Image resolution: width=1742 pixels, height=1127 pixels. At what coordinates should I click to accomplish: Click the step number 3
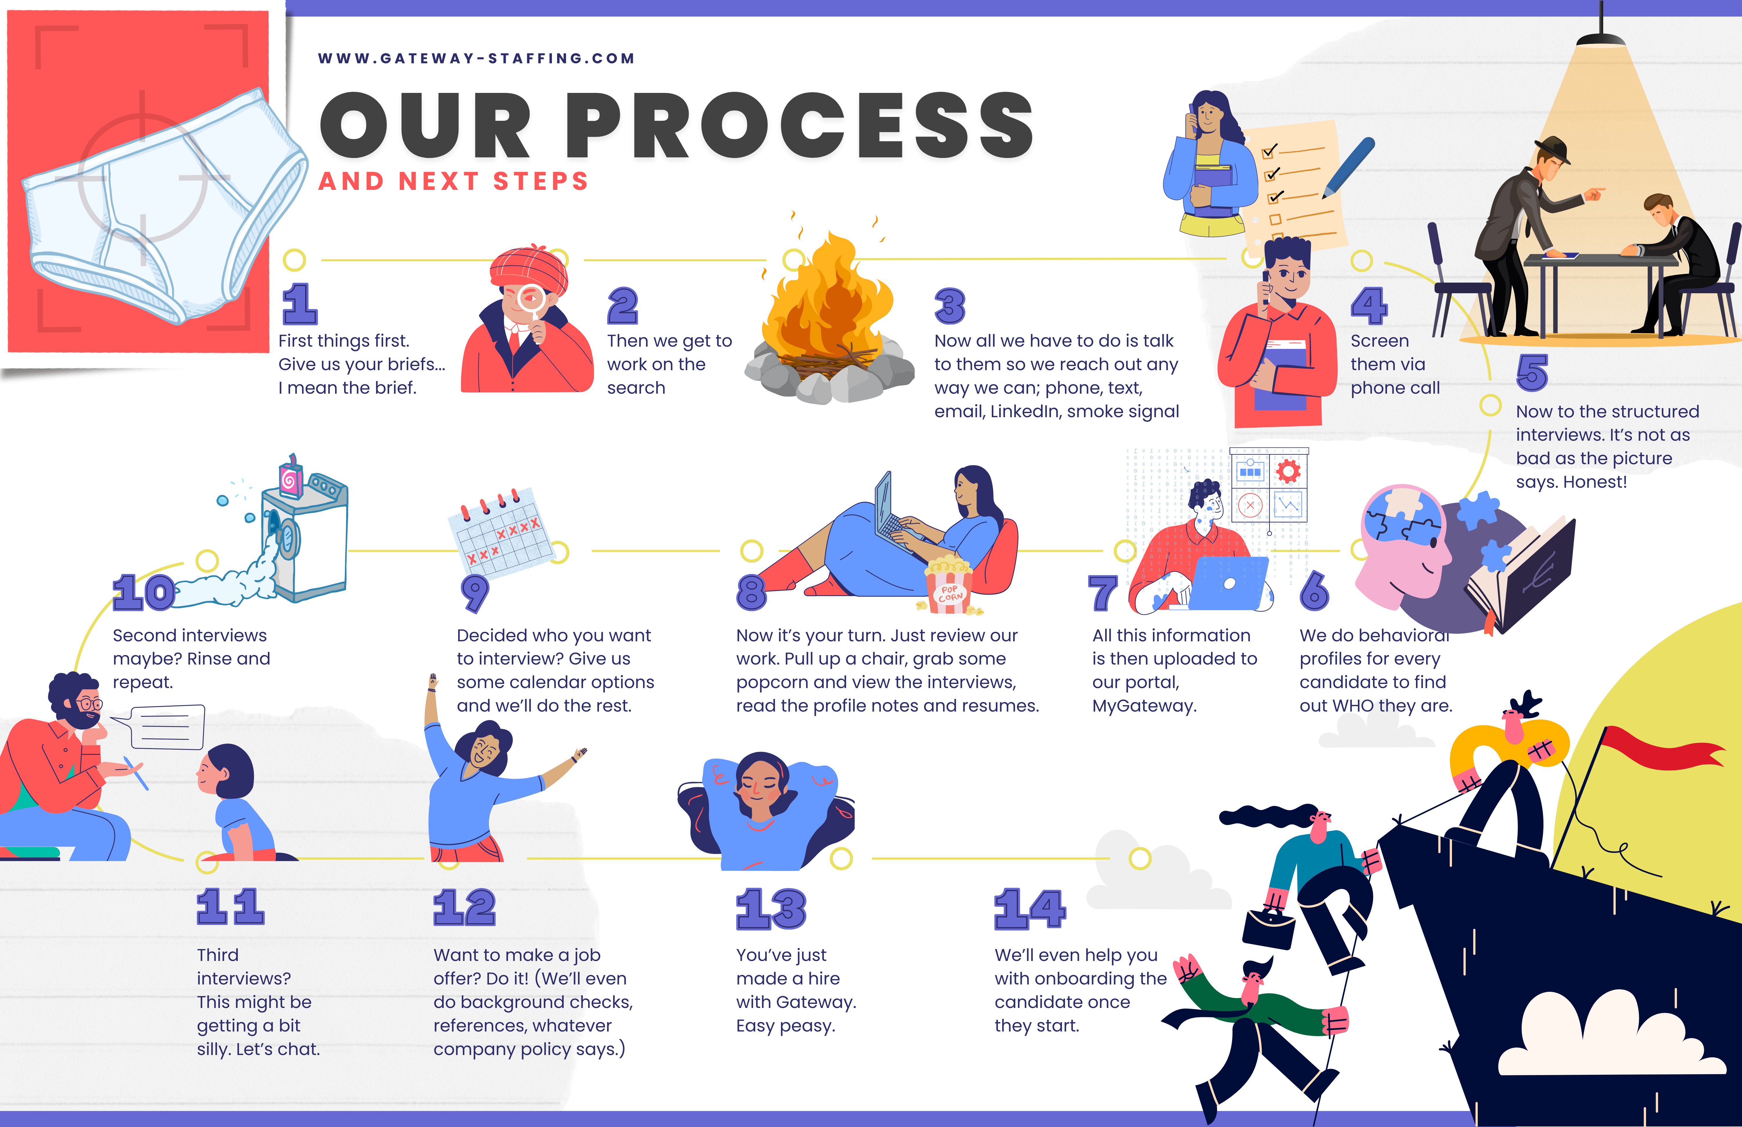click(x=950, y=306)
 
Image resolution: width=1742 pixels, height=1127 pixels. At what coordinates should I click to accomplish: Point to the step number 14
click(x=1029, y=909)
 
